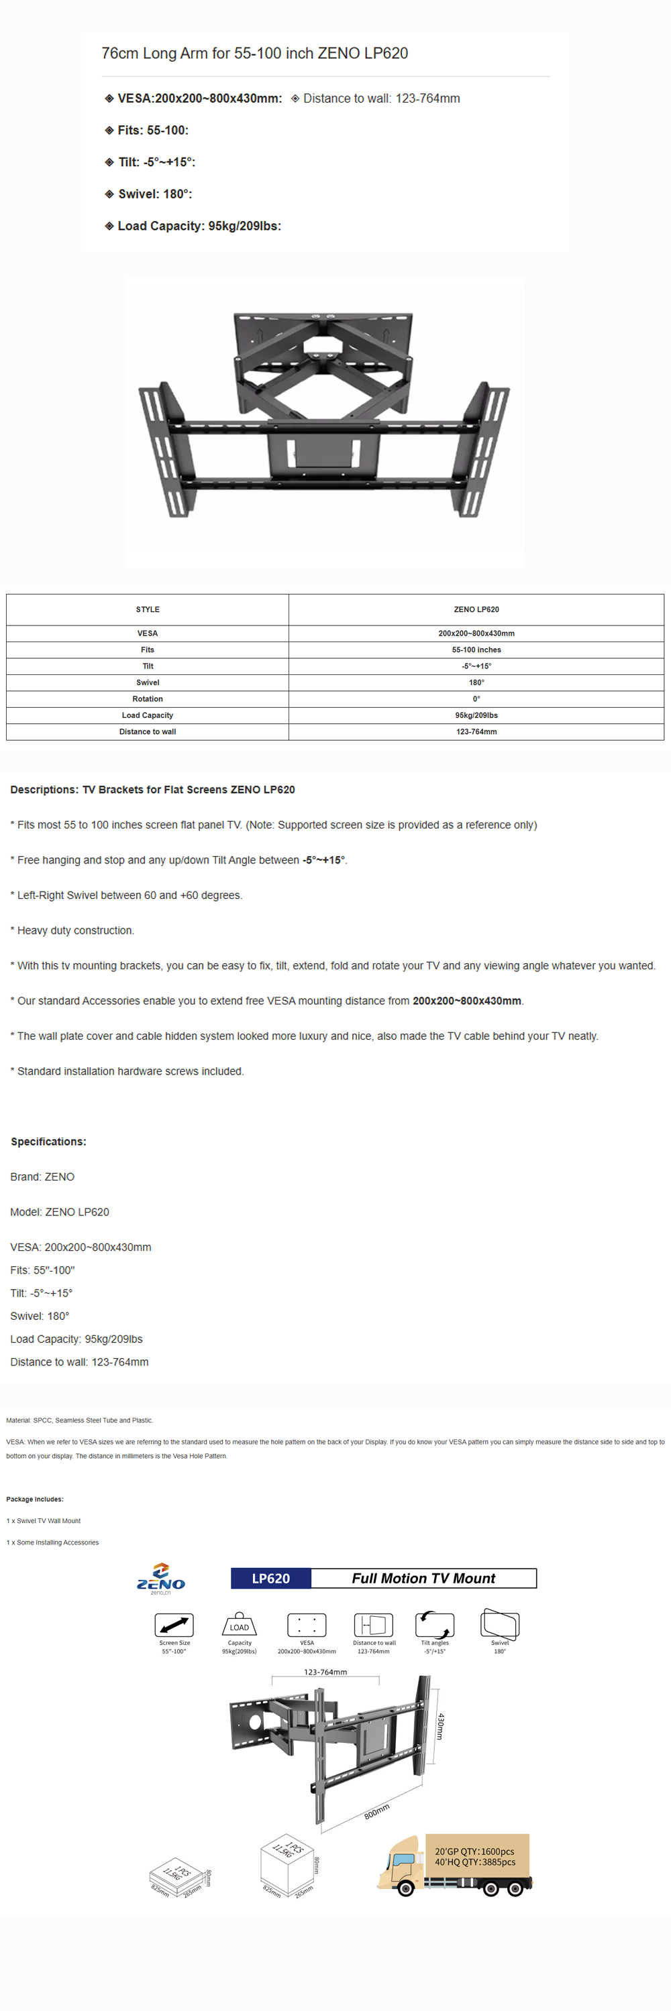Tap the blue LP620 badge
point(270,1578)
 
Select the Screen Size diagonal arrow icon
point(174,1625)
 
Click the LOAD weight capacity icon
point(239,1625)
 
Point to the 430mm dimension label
point(441,1726)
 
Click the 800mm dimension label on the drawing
point(376,1811)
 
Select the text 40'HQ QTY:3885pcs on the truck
point(475,1862)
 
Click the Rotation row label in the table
point(148,698)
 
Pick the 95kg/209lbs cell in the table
point(476,715)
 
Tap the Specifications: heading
point(48,1142)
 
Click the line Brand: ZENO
point(42,1176)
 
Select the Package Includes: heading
point(35,1499)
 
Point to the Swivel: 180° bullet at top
point(155,194)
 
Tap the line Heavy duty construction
point(75,930)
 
